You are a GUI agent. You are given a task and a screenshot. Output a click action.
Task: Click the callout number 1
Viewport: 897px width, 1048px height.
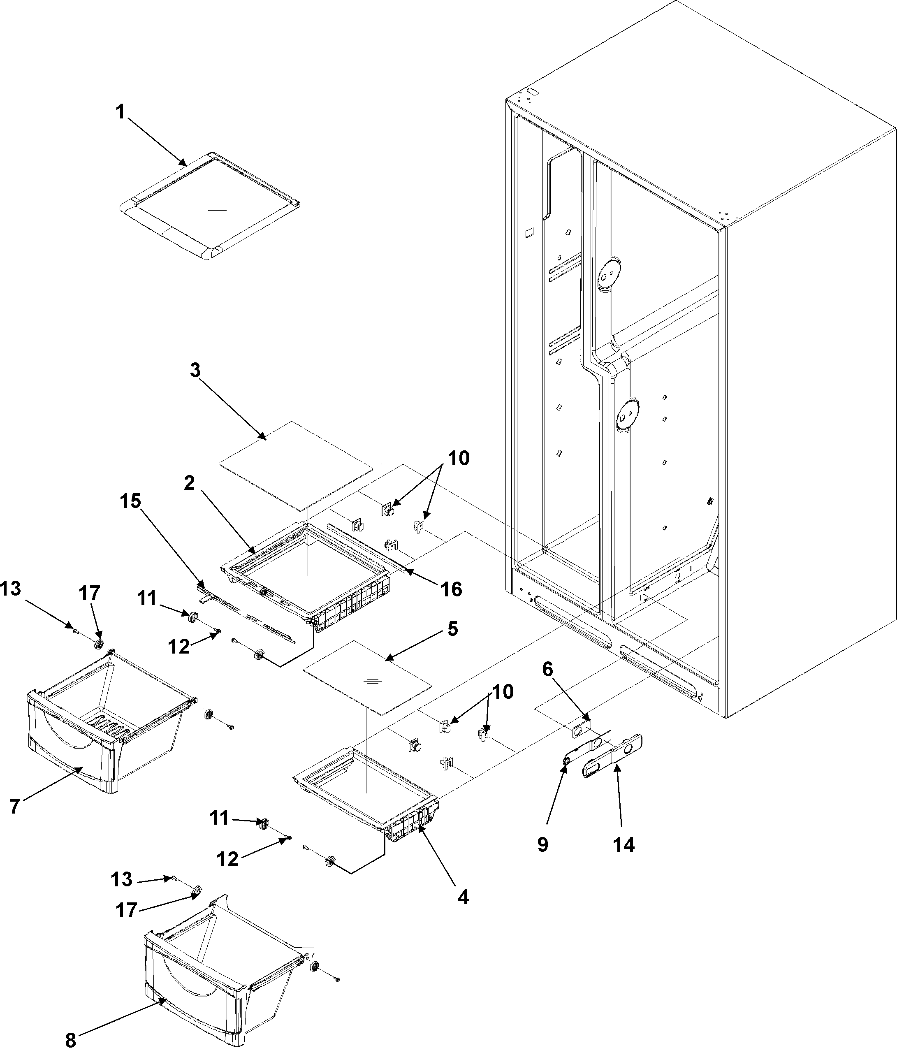point(121,112)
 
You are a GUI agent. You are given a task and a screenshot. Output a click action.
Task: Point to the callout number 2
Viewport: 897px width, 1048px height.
point(189,483)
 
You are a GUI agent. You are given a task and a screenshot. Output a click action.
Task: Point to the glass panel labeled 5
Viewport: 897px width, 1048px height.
point(366,678)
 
